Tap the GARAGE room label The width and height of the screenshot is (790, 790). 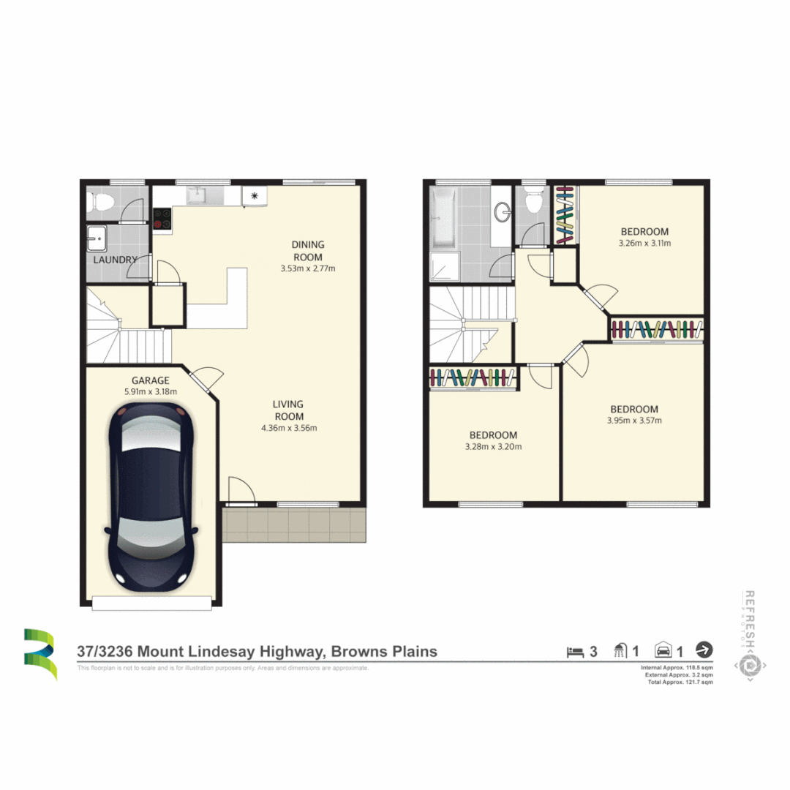(151, 380)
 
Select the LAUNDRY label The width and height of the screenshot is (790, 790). (115, 260)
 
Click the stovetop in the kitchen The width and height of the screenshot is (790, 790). (162, 219)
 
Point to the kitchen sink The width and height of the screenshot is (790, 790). (197, 195)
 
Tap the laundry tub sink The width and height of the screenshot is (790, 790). (96, 237)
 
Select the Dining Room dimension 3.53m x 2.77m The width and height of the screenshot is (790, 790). (307, 268)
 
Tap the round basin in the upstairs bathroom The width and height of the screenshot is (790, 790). (503, 213)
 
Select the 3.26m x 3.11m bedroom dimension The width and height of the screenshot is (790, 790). (645, 244)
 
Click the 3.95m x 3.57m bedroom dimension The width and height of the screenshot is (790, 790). (634, 421)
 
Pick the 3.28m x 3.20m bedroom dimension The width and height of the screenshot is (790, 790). (493, 446)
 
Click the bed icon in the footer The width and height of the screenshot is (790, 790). (574, 650)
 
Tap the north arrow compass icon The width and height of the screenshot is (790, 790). (704, 650)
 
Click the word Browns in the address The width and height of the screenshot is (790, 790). (361, 651)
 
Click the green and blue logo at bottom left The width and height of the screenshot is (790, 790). (39, 653)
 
